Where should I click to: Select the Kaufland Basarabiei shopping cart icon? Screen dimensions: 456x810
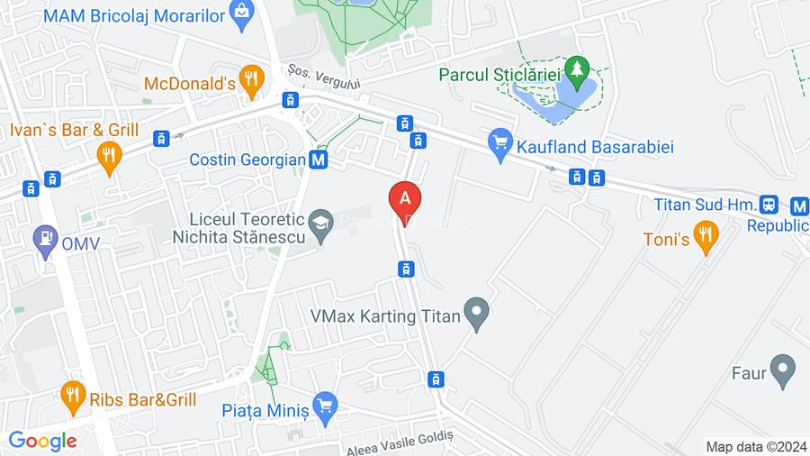[500, 142]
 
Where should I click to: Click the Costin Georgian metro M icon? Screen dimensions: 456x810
[318, 160]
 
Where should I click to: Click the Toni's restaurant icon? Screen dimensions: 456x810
[706, 238]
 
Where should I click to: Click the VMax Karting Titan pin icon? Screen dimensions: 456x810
[476, 314]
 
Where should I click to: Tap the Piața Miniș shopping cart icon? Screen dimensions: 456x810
[324, 406]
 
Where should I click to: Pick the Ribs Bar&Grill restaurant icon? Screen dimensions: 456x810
[73, 393]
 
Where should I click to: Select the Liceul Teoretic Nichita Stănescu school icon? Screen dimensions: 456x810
[319, 220]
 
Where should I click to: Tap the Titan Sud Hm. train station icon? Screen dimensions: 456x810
[769, 205]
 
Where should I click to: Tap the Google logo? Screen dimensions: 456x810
[42, 441]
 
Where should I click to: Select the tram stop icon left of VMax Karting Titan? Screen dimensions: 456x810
[407, 268]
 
